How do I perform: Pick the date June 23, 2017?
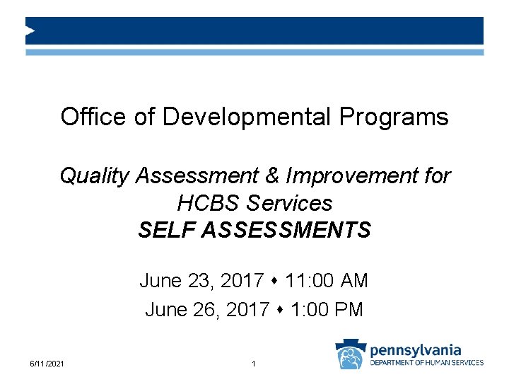[x=202, y=281]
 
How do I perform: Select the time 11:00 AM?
[x=327, y=281]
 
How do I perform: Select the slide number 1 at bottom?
[x=253, y=364]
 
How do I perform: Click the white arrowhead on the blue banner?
[x=30, y=30]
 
